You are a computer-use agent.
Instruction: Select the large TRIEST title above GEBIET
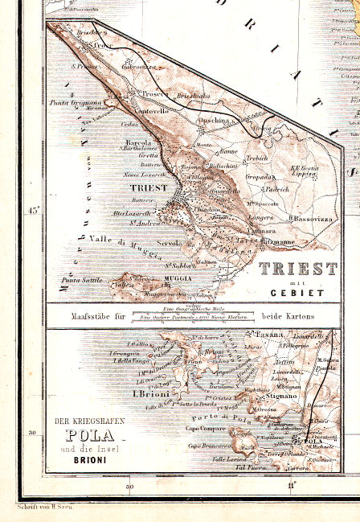[297, 269]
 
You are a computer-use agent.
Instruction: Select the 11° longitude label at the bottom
[292, 485]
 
